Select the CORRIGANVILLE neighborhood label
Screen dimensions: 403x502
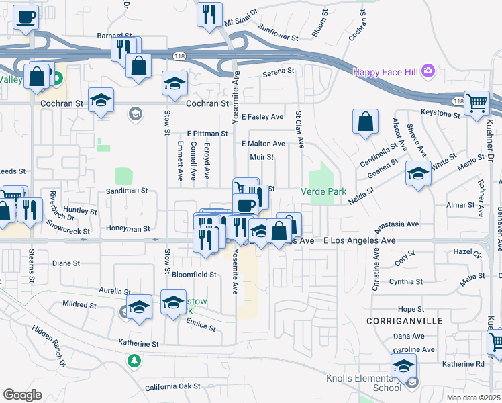[405, 321]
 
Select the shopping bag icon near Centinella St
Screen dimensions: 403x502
[366, 122]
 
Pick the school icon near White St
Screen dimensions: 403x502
[418, 173]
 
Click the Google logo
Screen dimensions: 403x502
[21, 395]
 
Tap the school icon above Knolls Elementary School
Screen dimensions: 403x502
[403, 366]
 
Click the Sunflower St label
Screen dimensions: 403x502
[277, 31]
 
